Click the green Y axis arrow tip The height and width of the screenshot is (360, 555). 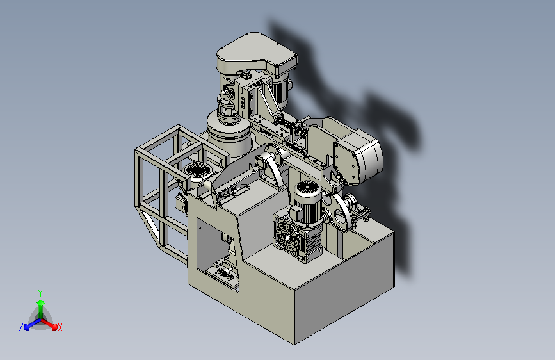41,302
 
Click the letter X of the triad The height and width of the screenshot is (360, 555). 60,327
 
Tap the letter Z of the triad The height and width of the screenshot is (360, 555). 21,327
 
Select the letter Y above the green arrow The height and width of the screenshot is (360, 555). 40,293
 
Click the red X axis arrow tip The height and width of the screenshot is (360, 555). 54,327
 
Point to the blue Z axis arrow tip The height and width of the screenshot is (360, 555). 26,327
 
